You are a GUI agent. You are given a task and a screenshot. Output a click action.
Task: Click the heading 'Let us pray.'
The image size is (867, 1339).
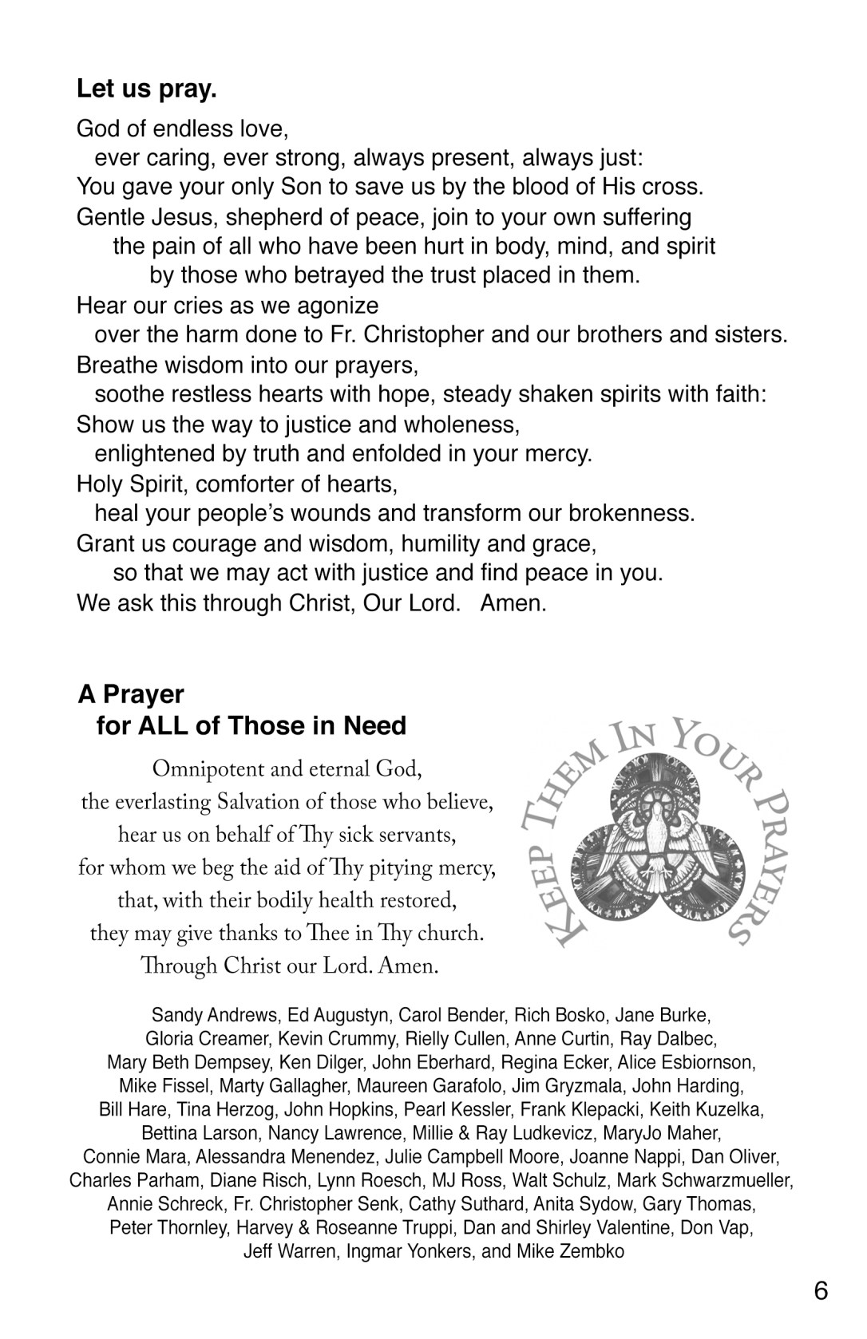[x=147, y=89]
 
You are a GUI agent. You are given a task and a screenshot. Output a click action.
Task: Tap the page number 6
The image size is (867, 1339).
[x=821, y=1290]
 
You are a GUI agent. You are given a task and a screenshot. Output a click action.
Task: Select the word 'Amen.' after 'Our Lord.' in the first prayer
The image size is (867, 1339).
[x=513, y=603]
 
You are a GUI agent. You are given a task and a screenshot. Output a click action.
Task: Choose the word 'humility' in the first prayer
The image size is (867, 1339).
[x=440, y=544]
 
